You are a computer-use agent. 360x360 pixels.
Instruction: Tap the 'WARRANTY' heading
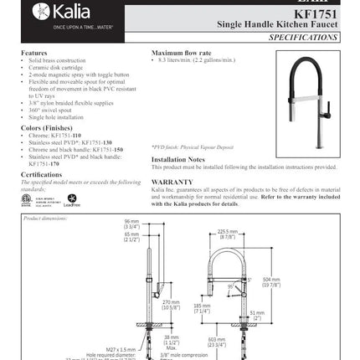(172, 180)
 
